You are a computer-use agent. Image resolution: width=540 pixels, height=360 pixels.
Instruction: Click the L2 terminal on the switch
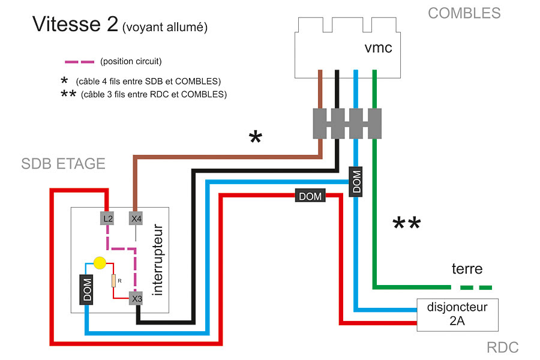point(107,219)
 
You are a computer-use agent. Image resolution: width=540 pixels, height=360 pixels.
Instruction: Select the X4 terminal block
point(136,219)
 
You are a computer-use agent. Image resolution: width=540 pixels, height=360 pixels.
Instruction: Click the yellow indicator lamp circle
point(100,263)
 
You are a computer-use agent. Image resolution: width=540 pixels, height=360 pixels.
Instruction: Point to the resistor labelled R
point(113,281)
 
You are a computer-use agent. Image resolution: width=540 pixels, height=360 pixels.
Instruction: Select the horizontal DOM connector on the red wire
point(310,196)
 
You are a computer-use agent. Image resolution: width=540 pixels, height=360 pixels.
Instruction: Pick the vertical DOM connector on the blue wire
point(356,182)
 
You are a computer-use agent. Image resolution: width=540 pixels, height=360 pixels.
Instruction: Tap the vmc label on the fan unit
point(378,47)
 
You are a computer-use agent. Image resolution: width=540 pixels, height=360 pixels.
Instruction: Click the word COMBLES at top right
point(464,13)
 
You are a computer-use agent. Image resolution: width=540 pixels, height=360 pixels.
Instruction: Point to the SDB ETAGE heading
point(63,164)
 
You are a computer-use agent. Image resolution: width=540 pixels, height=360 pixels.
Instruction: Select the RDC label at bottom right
point(503,347)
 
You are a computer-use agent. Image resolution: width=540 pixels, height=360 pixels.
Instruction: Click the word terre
point(467,268)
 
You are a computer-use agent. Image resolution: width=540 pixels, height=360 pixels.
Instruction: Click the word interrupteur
point(158,260)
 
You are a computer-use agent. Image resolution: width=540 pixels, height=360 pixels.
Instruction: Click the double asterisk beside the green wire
point(406,224)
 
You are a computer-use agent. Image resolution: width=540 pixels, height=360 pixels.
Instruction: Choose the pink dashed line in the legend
point(79,61)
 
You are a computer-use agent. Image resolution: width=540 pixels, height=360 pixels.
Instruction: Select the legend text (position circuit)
point(131,61)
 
